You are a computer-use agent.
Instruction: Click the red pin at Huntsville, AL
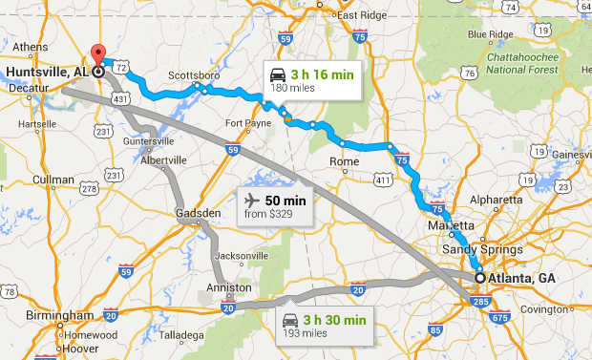point(96,54)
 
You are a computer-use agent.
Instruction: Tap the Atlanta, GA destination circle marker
point(479,278)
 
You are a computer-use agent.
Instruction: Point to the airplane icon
point(252,201)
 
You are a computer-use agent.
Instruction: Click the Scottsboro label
point(194,75)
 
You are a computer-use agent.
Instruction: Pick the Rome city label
point(343,161)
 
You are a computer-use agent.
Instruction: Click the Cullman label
point(52,179)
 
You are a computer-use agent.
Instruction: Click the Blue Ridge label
point(491,35)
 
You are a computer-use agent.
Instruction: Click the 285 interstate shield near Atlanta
point(477,303)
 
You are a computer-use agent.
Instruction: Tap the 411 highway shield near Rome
point(383,179)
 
